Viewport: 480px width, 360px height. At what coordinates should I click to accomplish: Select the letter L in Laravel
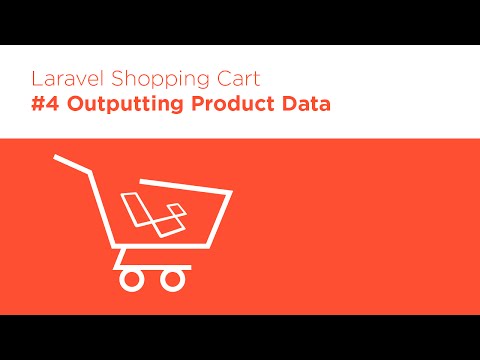(x=37, y=77)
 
